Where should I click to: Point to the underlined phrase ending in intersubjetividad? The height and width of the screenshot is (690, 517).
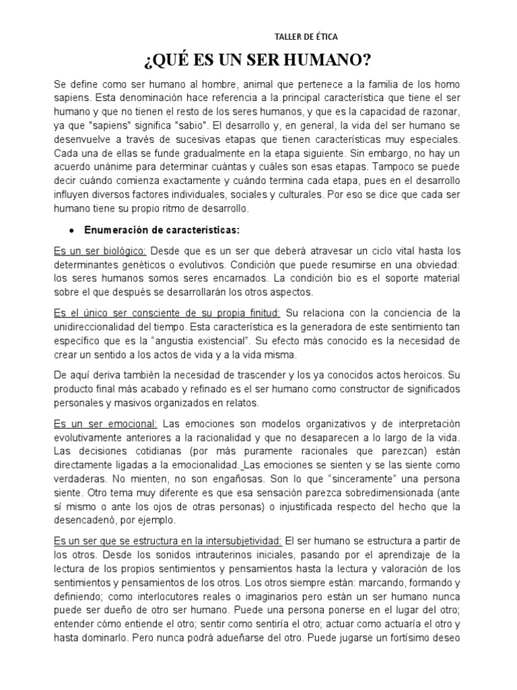pyautogui.click(x=168, y=541)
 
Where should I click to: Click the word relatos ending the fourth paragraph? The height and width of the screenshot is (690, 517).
pyautogui.click(x=230, y=403)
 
